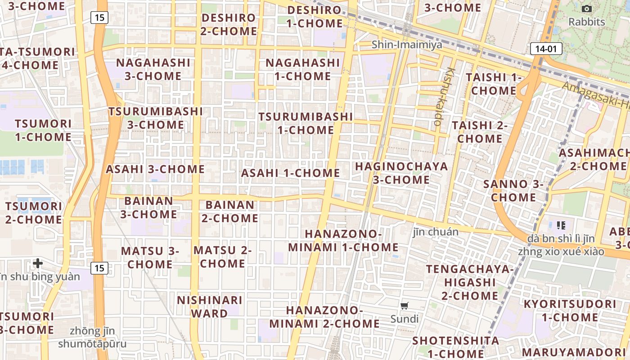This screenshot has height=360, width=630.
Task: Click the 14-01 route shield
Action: (546, 49)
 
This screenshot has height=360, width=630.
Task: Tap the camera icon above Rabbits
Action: (586, 9)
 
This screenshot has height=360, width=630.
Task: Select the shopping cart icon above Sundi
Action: (404, 306)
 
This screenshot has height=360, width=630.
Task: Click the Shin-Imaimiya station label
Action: (407, 45)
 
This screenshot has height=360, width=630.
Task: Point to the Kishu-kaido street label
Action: (444, 96)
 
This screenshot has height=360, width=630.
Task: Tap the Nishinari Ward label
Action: (210, 306)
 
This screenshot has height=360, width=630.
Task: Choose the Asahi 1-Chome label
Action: (290, 173)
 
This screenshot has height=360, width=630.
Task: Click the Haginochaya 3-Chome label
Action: (401, 173)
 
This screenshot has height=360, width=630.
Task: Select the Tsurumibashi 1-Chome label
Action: (306, 123)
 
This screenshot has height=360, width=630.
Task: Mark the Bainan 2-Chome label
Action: (230, 211)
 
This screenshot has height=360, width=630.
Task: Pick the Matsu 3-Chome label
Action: (150, 257)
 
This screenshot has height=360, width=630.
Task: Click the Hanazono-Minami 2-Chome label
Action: (324, 317)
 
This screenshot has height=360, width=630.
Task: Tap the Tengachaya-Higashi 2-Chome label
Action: (469, 282)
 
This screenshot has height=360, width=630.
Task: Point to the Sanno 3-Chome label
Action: (513, 190)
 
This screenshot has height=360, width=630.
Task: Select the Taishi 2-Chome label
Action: (480, 132)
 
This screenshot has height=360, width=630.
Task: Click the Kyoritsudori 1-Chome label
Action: (570, 310)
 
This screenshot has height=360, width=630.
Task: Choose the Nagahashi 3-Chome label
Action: (153, 69)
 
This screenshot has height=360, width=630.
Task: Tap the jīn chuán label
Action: (436, 232)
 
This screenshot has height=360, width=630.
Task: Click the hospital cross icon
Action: (38, 263)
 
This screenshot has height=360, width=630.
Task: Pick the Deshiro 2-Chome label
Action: (229, 25)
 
